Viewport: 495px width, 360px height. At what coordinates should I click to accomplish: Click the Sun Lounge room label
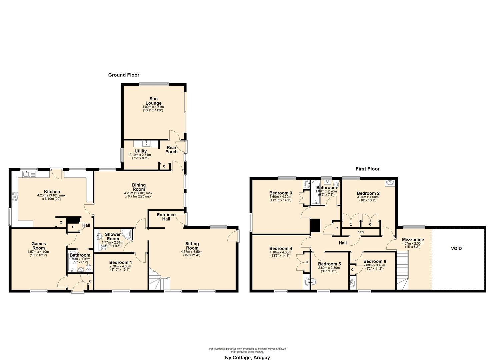[x=153, y=101]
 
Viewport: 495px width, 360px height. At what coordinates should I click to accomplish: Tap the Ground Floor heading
[x=124, y=75]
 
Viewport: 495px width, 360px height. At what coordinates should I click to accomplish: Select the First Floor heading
[x=367, y=169]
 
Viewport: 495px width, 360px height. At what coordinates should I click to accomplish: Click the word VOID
[x=456, y=248]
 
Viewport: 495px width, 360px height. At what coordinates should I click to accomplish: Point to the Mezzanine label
[x=413, y=240]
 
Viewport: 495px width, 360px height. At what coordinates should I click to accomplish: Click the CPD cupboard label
[x=360, y=232]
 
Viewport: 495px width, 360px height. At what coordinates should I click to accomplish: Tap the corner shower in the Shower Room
[x=127, y=233]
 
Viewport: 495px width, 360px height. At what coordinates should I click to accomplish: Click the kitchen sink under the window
[x=27, y=174]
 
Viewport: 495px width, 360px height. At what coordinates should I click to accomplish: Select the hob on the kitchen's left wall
[x=14, y=197]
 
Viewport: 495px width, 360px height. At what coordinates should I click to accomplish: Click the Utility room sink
[x=146, y=144]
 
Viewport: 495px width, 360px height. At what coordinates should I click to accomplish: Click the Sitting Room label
[x=192, y=246]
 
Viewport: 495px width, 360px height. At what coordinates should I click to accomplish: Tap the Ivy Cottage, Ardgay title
[x=247, y=357]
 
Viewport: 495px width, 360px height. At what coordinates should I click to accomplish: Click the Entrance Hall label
[x=166, y=217]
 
